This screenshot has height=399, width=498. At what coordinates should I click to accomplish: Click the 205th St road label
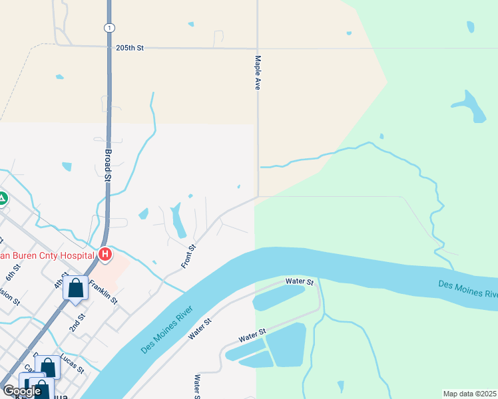(x=130, y=49)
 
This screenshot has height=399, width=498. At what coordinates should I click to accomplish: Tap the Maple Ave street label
(x=257, y=72)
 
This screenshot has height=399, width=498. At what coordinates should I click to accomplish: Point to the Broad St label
(x=108, y=164)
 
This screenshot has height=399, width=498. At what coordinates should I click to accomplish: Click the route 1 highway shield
(x=109, y=27)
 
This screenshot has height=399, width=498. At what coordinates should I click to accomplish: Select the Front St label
(x=189, y=257)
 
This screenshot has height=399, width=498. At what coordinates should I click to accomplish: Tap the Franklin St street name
(x=103, y=291)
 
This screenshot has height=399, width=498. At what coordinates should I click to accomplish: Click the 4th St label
(x=64, y=279)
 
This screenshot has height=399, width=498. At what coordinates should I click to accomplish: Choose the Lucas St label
(x=72, y=363)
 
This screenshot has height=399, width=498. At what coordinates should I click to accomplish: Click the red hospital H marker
(x=105, y=254)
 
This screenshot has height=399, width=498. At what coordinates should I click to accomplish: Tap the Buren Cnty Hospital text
(x=47, y=254)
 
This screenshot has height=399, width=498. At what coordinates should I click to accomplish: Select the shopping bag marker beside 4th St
(x=75, y=289)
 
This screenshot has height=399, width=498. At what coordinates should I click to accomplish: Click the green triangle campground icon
(x=2, y=198)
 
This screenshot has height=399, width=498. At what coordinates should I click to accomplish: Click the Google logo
(x=22, y=391)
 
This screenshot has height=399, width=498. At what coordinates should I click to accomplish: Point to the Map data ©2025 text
(x=469, y=394)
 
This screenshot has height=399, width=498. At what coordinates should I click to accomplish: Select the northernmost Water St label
(x=300, y=282)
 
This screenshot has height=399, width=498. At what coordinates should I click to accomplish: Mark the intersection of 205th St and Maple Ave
(x=258, y=49)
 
